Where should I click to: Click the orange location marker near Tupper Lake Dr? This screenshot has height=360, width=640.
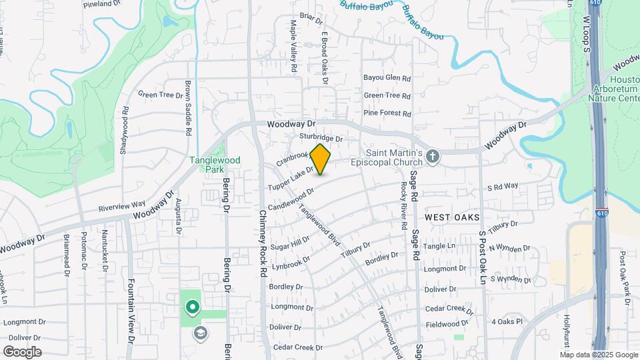[x=321, y=159]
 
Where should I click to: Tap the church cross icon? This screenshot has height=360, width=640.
[x=433, y=157]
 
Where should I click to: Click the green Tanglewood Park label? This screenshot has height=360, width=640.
[x=205, y=164]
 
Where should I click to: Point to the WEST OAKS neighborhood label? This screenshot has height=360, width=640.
[x=453, y=217]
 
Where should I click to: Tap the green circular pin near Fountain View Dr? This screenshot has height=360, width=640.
[x=193, y=307]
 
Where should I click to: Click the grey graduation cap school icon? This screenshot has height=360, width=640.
[x=199, y=332]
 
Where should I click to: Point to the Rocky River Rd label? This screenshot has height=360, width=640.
[x=403, y=207]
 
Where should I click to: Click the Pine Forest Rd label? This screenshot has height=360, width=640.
[x=387, y=114]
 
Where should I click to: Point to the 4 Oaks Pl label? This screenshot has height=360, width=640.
[x=507, y=321]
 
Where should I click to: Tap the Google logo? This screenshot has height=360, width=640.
[x=22, y=352]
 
